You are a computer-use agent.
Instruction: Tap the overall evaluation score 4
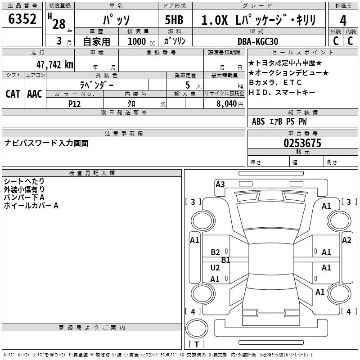tap(343, 21)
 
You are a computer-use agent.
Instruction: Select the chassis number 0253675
tap(302, 143)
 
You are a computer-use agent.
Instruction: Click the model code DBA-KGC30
tap(258, 41)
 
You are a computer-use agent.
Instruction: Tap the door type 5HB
tap(175, 20)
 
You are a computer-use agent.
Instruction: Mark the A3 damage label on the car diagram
tap(220, 184)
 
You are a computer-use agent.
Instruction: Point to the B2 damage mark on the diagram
tap(215, 252)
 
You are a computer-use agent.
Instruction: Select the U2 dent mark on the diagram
tap(215, 268)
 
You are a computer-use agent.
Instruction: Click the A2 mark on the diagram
tap(346, 240)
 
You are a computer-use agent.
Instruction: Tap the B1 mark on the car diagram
tap(225, 260)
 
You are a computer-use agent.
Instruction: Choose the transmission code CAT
tap(13, 94)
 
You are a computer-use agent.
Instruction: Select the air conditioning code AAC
tap(35, 94)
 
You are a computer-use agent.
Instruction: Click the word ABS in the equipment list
tap(258, 121)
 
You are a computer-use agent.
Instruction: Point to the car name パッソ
tap(117, 20)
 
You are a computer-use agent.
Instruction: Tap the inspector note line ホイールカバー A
tap(31, 206)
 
